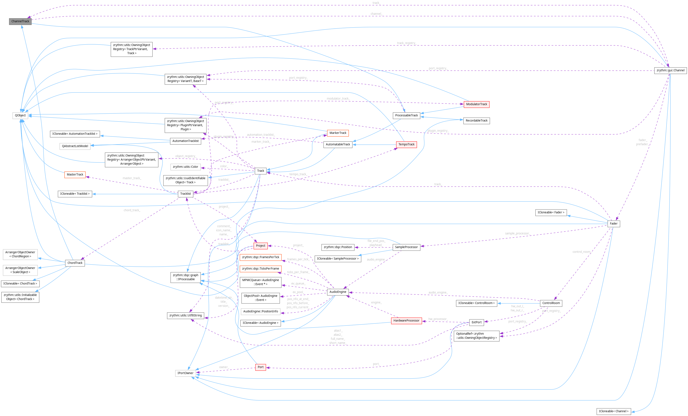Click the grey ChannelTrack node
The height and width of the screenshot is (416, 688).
(20, 21)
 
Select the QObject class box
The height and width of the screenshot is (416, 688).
(20, 115)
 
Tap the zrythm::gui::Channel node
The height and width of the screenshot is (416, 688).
(670, 70)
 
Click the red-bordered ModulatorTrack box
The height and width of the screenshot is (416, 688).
(476, 104)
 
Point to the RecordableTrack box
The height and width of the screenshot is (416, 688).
(476, 121)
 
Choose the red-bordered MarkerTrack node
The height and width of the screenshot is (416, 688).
(338, 133)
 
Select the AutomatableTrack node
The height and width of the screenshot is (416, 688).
(338, 144)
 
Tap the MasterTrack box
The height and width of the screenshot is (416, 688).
(75, 175)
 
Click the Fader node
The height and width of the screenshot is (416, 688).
(613, 224)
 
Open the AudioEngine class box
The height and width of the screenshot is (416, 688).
(338, 292)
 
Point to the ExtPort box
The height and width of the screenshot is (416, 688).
(476, 322)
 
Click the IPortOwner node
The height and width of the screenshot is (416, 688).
(185, 373)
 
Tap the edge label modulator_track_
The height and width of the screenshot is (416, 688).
(338, 99)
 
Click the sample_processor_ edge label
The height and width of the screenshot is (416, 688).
(517, 234)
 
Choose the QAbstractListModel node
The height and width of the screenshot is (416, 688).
(75, 146)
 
